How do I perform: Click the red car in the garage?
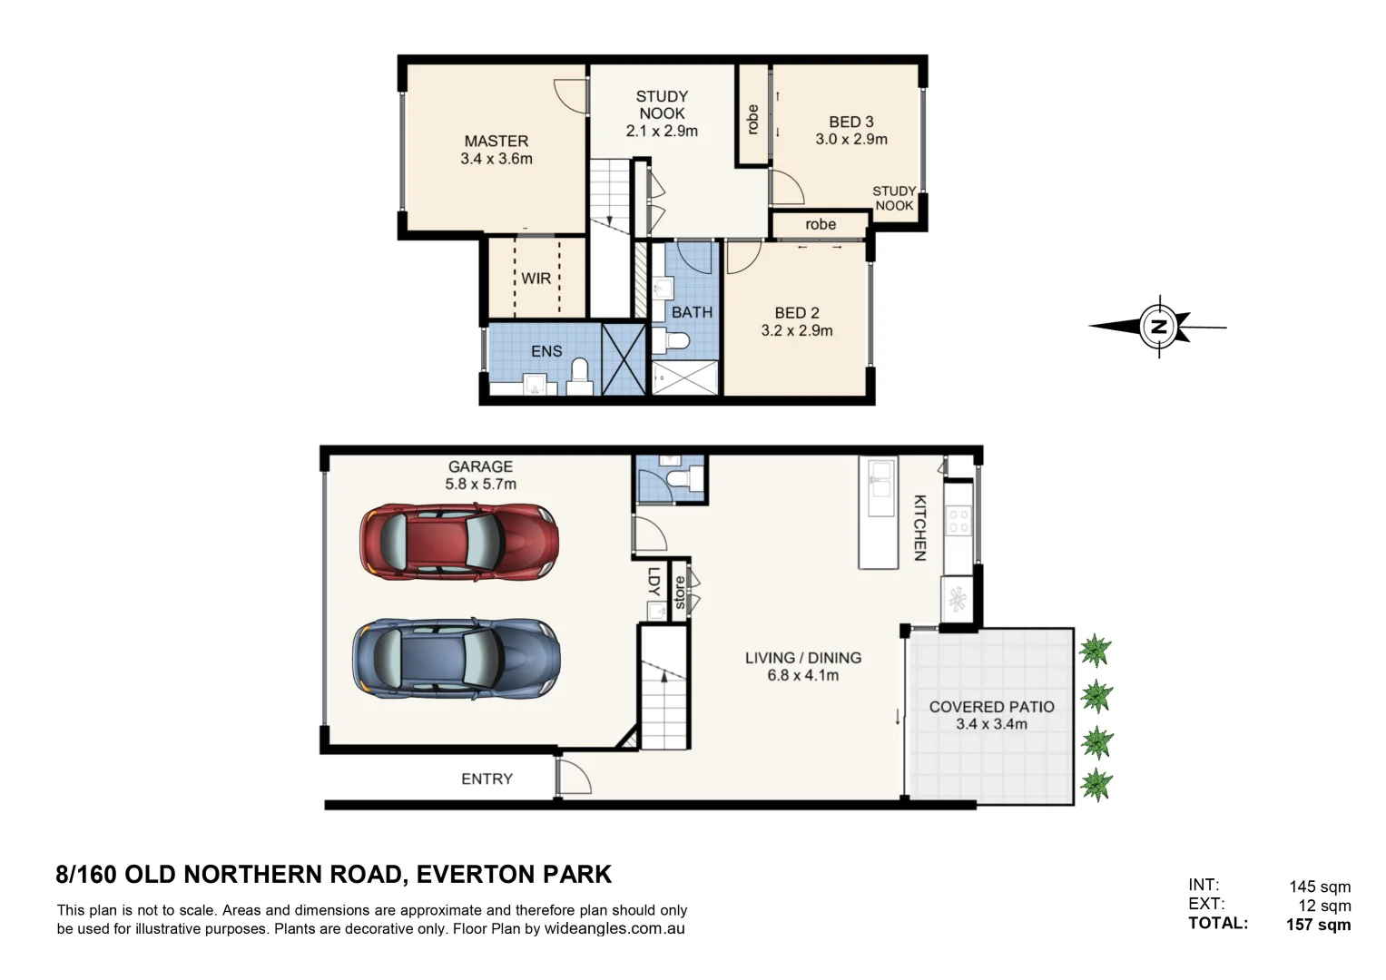[458, 543]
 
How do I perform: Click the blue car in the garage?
[456, 659]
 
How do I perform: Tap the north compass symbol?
[1159, 327]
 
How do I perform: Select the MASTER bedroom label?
[496, 141]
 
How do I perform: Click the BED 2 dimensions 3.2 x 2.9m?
[796, 330]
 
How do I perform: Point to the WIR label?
[536, 279]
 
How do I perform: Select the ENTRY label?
[487, 779]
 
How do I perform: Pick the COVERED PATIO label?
[991, 706]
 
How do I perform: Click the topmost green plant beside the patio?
[1095, 650]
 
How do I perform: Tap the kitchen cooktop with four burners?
[958, 521]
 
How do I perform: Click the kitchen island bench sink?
[878, 481]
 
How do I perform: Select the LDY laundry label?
[653, 582]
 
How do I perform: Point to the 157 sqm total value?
[1318, 925]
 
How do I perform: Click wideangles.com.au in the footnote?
[614, 928]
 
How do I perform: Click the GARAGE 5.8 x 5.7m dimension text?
[480, 485]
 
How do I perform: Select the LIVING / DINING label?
[802, 658]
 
